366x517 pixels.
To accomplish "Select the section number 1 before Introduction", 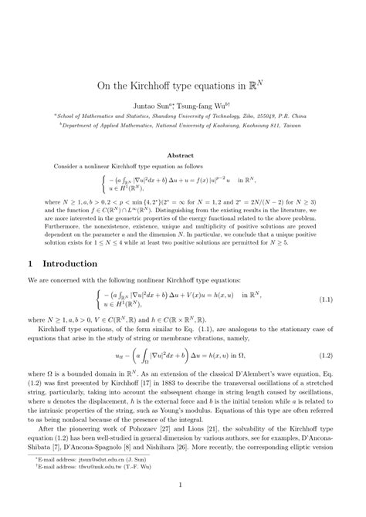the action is (x=30, y=262).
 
